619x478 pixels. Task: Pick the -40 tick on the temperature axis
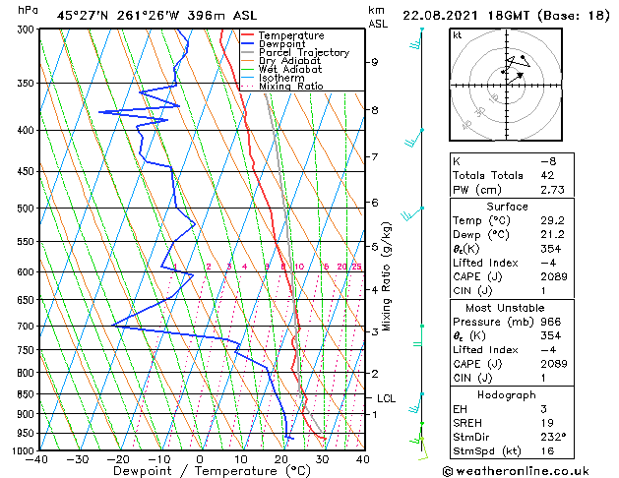click(38, 458)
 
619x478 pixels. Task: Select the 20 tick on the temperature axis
click(281, 458)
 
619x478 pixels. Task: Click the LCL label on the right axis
click(387, 398)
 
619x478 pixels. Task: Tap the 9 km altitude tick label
click(375, 62)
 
